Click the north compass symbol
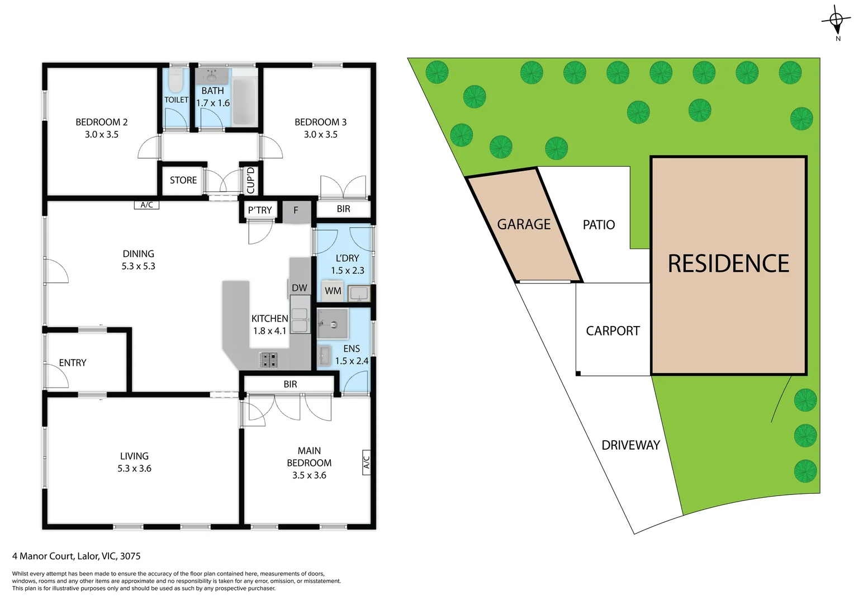(836, 21)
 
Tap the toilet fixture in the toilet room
(175, 81)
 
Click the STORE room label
(183, 180)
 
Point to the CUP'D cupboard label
(250, 180)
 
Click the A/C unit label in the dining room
(146, 205)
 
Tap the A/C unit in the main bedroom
(367, 462)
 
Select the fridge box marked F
(296, 211)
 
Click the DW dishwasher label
(300, 288)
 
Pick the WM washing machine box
(333, 291)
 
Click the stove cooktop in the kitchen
(269, 360)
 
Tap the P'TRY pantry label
(260, 210)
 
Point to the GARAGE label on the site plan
(524, 224)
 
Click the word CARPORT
(613, 331)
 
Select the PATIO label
(599, 225)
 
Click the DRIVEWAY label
(630, 445)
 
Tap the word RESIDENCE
(728, 264)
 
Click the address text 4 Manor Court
(76, 556)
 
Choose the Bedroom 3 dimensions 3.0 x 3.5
(320, 134)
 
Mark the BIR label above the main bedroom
(290, 384)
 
